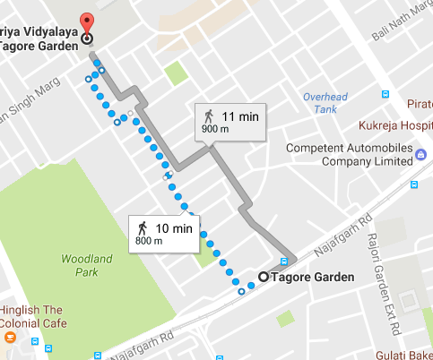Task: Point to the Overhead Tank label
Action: tap(320, 102)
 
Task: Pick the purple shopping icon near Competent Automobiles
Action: tap(420, 155)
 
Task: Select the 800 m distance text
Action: tap(147, 241)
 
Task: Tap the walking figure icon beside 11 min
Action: tap(209, 116)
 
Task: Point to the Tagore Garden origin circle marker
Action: tap(263, 277)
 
